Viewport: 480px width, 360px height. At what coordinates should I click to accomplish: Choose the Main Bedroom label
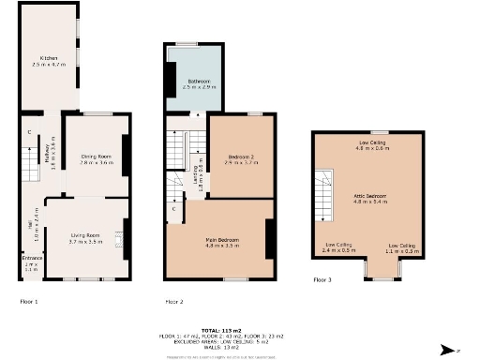[x=222, y=241]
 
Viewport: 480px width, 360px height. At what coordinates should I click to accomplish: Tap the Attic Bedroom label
[x=368, y=198]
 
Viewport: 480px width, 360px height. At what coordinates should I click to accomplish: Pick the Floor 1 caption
[x=29, y=302]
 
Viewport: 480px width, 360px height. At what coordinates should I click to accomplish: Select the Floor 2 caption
[x=174, y=302]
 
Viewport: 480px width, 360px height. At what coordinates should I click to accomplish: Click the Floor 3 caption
[x=322, y=279]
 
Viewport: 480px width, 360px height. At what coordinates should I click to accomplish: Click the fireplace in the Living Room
[x=121, y=239]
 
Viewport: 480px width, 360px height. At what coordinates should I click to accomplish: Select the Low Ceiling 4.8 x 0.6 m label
[x=371, y=145]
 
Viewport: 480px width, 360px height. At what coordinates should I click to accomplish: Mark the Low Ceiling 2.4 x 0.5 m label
[x=338, y=247]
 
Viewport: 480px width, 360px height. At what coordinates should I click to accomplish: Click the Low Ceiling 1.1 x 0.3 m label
[x=402, y=248]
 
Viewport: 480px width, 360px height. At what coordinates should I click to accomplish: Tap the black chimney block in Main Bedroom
[x=270, y=239]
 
